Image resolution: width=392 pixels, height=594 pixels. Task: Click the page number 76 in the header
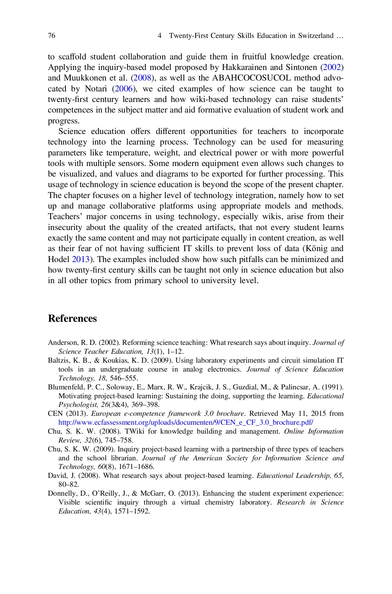click(52, 36)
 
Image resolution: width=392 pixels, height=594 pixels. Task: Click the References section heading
click(72, 319)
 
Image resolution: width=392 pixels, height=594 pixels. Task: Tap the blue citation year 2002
click(332, 68)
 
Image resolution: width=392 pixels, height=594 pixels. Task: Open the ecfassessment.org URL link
click(185, 422)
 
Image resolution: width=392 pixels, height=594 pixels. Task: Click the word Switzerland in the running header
click(315, 36)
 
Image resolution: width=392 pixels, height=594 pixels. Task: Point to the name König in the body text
click(313, 249)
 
